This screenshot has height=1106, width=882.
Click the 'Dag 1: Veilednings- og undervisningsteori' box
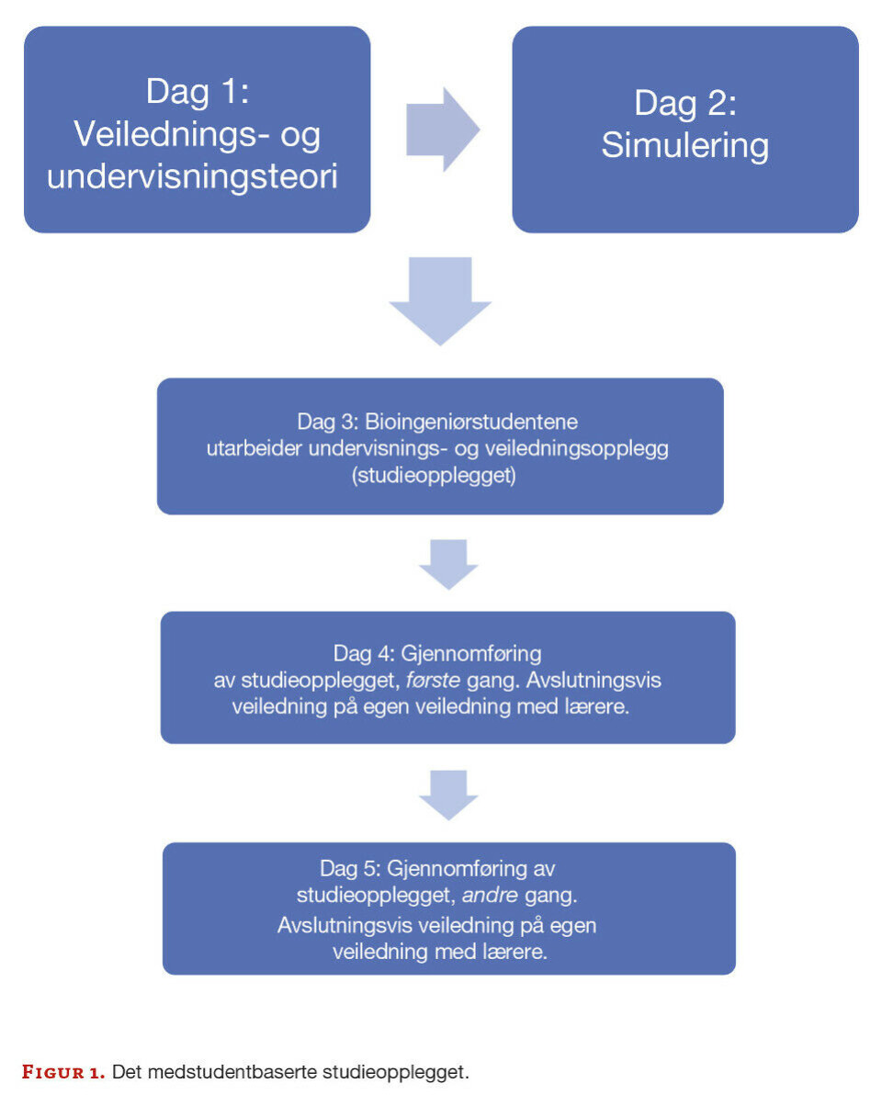[197, 130]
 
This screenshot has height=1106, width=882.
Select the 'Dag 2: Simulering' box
[684, 130]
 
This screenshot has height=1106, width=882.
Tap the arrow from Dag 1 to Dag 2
[442, 130]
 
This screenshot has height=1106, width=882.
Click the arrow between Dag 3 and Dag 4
[448, 563]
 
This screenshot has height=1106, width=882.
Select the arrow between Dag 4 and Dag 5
[448, 795]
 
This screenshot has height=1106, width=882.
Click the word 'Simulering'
[684, 147]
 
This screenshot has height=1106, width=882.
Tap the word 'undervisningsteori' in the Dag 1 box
[192, 175]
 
